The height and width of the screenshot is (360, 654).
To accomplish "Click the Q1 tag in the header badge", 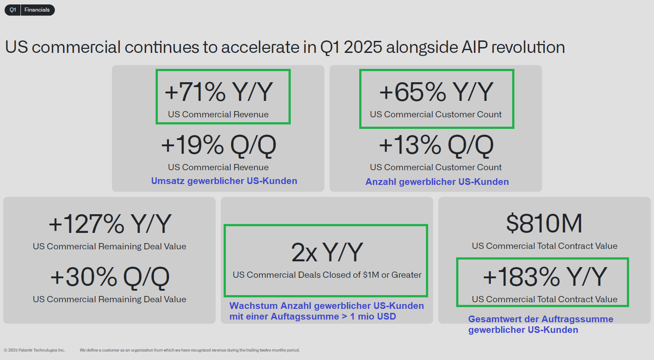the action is point(12,10).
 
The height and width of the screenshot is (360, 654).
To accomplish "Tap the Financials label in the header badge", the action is point(37,10).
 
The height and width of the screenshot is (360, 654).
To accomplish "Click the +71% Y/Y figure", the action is point(219,92).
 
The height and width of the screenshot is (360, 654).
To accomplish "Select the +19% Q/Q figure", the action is point(219,145).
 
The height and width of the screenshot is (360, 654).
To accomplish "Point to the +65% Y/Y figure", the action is point(436,92).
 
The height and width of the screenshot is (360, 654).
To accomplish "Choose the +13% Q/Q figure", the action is point(436,145).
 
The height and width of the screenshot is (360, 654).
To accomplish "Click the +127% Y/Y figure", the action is point(110,224).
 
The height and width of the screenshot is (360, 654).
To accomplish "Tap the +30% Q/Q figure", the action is point(110,277).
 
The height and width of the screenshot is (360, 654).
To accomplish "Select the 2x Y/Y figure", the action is point(327,252).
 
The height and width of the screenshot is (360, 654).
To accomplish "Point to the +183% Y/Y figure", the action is point(545,277).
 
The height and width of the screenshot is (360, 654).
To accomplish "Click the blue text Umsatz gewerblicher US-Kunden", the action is point(224,181).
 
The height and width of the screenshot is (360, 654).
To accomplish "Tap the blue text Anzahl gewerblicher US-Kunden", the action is point(437,182).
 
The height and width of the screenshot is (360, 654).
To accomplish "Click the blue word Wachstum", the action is point(253,306).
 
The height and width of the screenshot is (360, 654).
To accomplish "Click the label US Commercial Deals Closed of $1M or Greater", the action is point(327,275).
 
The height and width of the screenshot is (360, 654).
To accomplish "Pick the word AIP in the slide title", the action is point(474,47).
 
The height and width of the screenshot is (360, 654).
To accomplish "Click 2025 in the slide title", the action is point(363,47).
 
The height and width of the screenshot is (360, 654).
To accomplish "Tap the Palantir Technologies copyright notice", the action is point(34,350).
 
